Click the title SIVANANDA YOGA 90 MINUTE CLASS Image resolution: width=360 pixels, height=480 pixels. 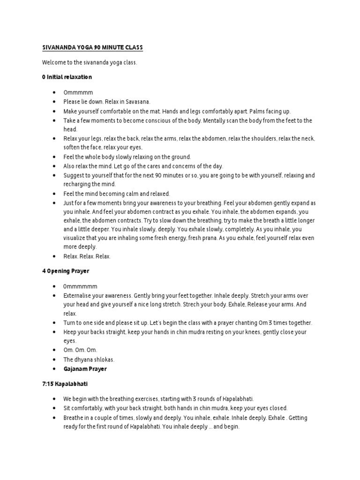[x=92, y=48]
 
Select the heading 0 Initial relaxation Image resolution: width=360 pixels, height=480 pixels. [x=67, y=76]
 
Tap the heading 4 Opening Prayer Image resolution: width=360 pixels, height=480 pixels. [x=66, y=271]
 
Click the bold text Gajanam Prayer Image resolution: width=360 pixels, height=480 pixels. [x=85, y=369]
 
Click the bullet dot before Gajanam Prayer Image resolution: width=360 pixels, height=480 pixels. [x=54, y=369]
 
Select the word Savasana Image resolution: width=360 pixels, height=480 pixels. [x=136, y=102]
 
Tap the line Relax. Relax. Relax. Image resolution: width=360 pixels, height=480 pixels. [x=87, y=256]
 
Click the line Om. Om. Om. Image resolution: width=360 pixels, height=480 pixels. [x=81, y=350]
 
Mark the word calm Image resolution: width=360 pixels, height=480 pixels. [x=129, y=194]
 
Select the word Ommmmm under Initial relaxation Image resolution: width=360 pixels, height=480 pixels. [x=76, y=93]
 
